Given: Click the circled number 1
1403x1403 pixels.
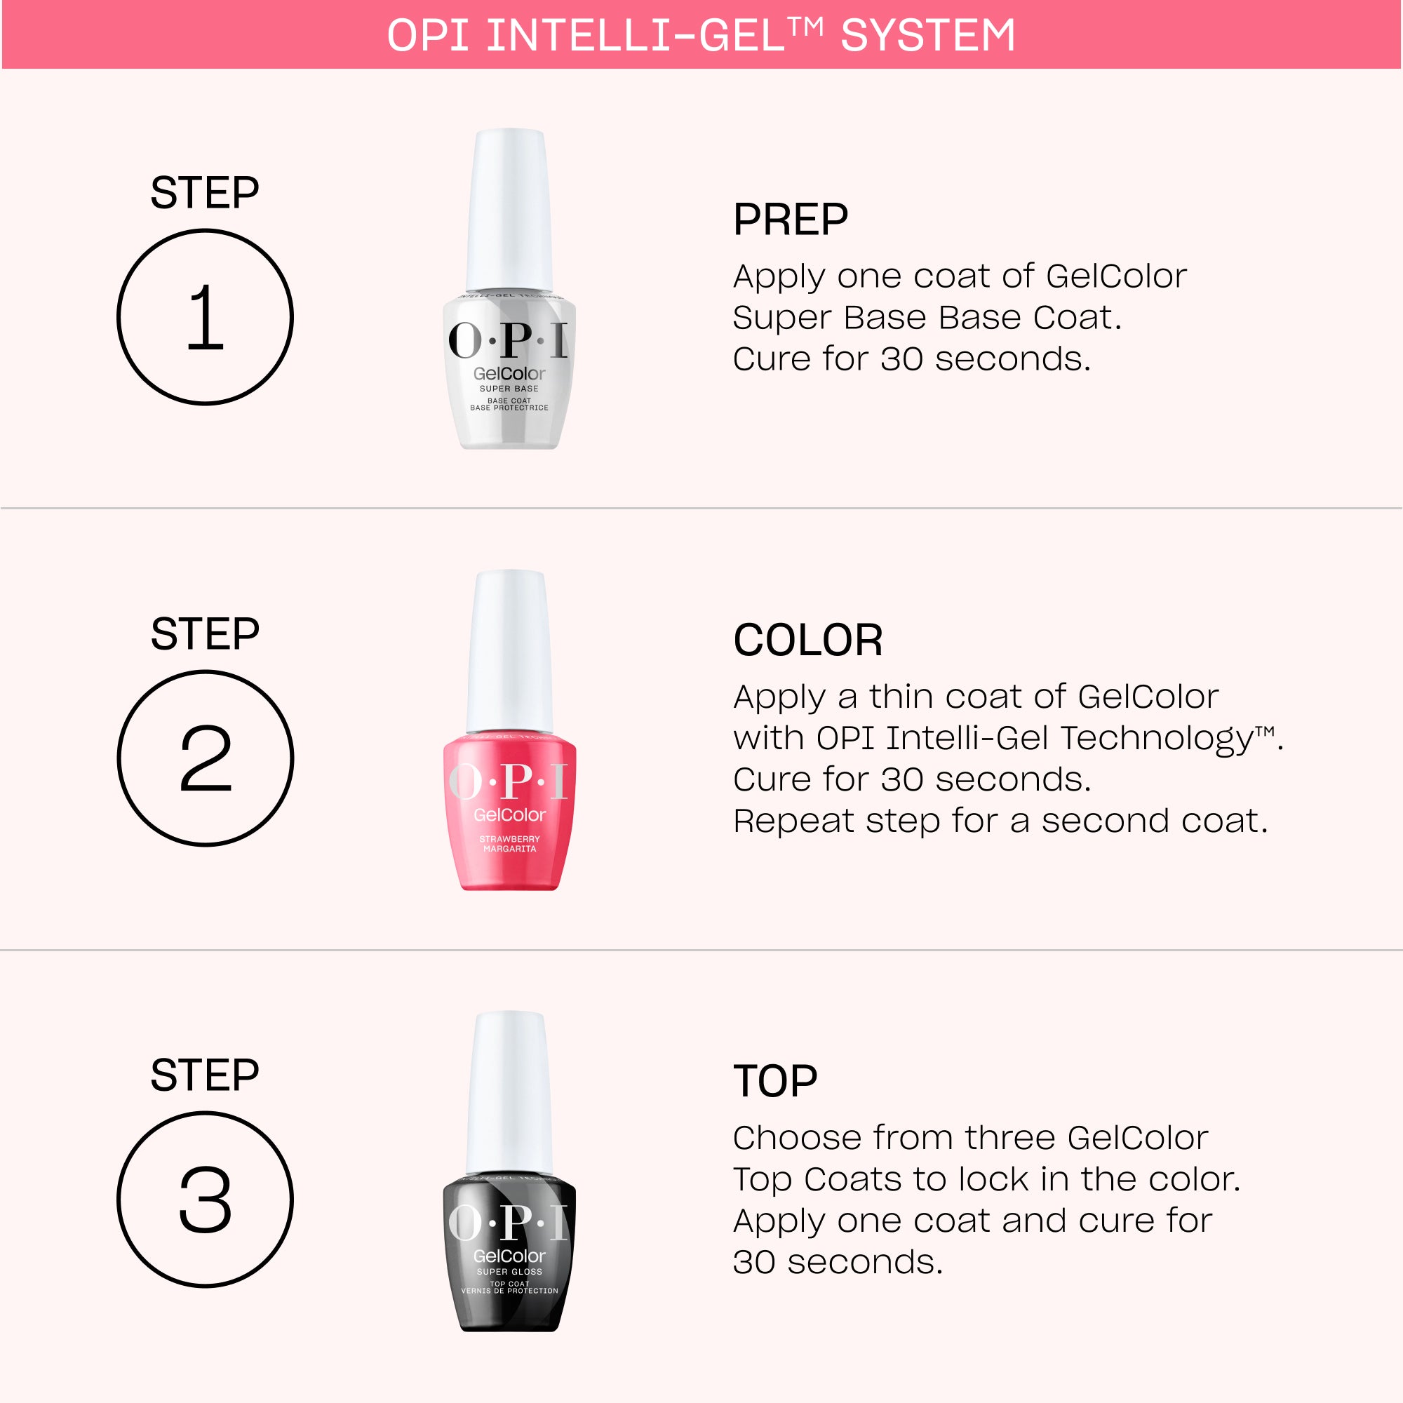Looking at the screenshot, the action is click(x=205, y=317).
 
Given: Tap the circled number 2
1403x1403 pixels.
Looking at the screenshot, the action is click(x=205, y=758).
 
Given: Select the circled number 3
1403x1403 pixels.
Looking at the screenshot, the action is click(x=205, y=1199).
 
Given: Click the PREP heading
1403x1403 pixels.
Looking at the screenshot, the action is click(x=790, y=220).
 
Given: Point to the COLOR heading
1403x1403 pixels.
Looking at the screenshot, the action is click(x=807, y=640).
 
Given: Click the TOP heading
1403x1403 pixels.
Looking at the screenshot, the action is click(x=775, y=1080).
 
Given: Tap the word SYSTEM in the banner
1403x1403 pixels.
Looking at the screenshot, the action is click(x=927, y=35).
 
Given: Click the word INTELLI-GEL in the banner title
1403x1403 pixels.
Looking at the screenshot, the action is click(x=636, y=35).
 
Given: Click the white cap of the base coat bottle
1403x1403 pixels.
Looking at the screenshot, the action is click(x=510, y=210).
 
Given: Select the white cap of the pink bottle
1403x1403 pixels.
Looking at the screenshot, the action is click(x=510, y=652).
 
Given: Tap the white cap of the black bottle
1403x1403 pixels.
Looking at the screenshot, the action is click(x=510, y=1092).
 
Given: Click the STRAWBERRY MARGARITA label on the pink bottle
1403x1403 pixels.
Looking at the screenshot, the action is click(x=510, y=844).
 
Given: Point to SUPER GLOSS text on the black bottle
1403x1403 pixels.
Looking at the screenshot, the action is click(x=510, y=1272).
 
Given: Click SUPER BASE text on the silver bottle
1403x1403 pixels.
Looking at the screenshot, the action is click(x=509, y=389).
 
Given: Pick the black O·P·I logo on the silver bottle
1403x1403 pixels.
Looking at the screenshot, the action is click(x=509, y=340).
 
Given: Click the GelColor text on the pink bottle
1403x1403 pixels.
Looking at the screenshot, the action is click(x=510, y=814).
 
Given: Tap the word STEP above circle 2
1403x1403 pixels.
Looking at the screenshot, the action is click(x=205, y=633).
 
